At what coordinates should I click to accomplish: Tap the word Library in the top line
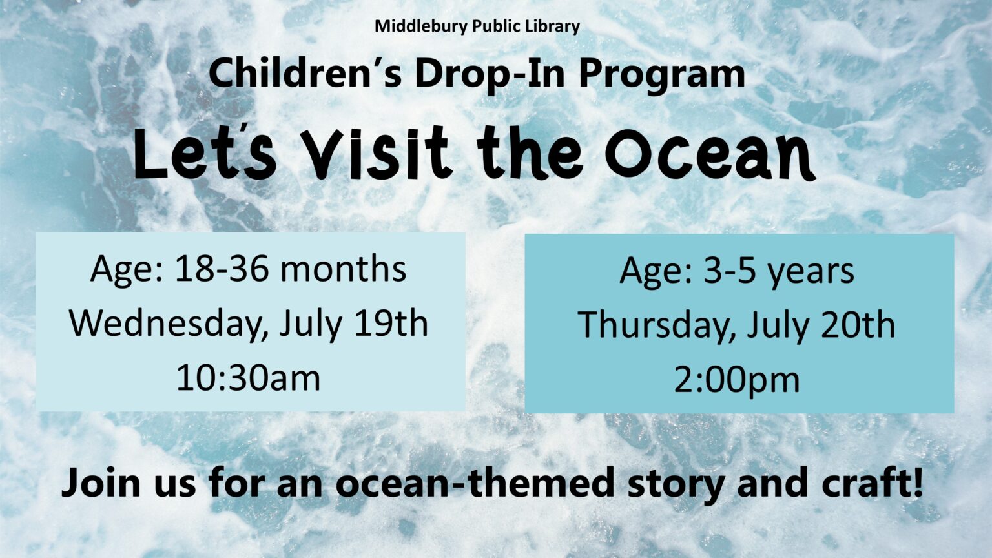point(552,27)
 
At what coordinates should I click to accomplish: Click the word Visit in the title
point(378,153)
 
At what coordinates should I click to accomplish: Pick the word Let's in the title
point(205,153)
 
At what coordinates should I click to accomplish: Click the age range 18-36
point(222,269)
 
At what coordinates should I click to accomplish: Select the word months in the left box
point(343,269)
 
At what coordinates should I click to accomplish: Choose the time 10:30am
point(248,378)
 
